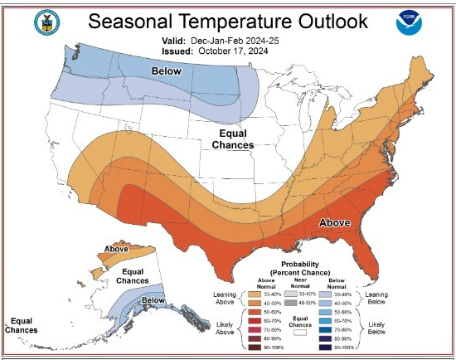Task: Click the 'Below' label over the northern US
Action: point(166,72)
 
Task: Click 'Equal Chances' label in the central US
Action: point(232,139)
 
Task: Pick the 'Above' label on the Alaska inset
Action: point(116,249)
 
